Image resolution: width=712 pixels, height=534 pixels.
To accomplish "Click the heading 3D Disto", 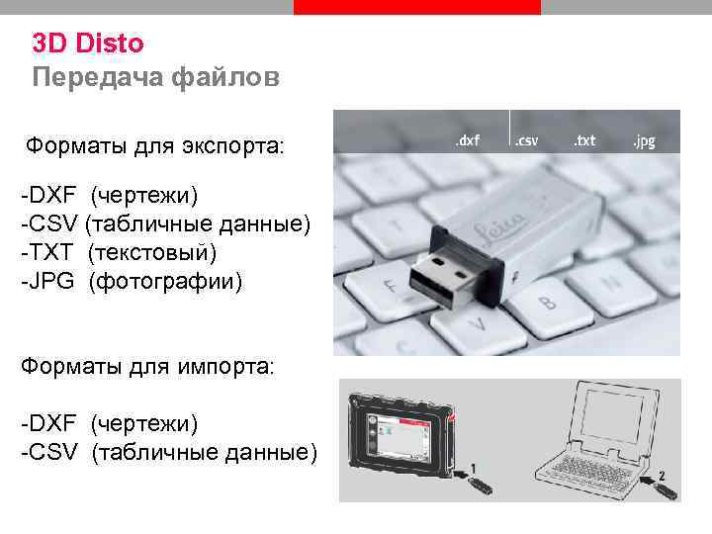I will pos(88,44).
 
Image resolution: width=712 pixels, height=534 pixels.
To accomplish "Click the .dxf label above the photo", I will pos(467,141).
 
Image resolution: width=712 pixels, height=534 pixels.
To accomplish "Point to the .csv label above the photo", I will pos(526,141).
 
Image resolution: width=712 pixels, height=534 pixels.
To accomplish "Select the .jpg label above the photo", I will pos(644,141).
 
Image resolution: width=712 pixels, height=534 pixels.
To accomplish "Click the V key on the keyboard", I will pos(480,323).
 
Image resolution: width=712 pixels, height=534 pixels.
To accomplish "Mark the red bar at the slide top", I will pos(417,7).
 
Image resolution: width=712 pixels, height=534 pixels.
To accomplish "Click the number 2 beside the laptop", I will pos(662,476).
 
